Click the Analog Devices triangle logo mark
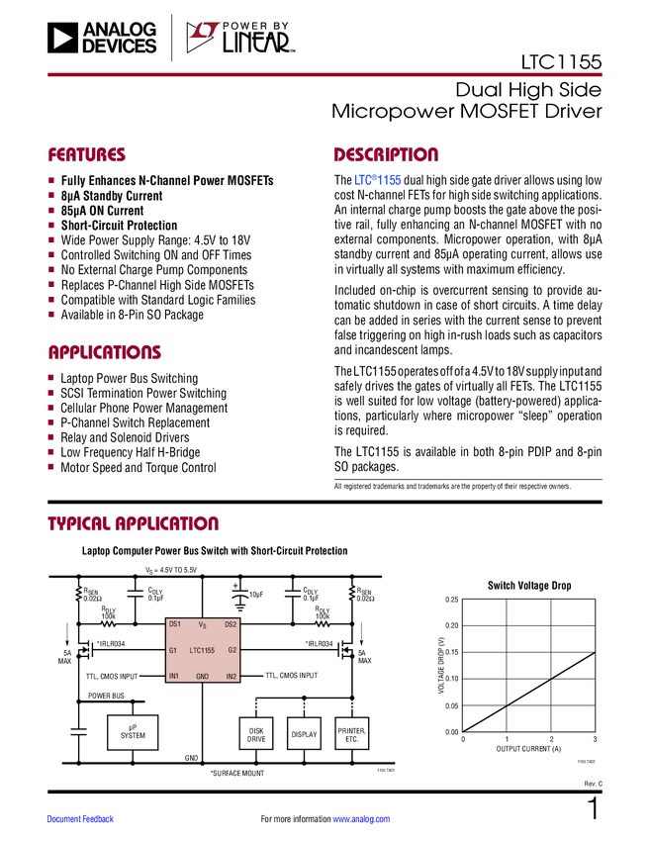[x=61, y=39]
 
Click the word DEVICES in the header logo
[x=119, y=47]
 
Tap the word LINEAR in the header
[x=255, y=44]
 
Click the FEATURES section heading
[x=87, y=155]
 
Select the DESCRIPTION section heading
[x=387, y=155]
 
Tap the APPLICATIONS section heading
[x=105, y=352]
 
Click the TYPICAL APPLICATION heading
[x=133, y=523]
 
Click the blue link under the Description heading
[x=378, y=181]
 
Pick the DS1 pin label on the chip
[x=175, y=624]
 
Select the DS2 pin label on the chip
[x=231, y=624]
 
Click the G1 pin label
[x=173, y=650]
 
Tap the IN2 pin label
[x=231, y=676]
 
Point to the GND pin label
[x=202, y=676]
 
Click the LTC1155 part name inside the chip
[x=202, y=650]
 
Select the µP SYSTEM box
[x=132, y=732]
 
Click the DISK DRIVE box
[x=256, y=733]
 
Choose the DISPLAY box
[x=304, y=733]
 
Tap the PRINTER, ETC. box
[x=351, y=733]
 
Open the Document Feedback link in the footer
[x=81, y=819]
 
